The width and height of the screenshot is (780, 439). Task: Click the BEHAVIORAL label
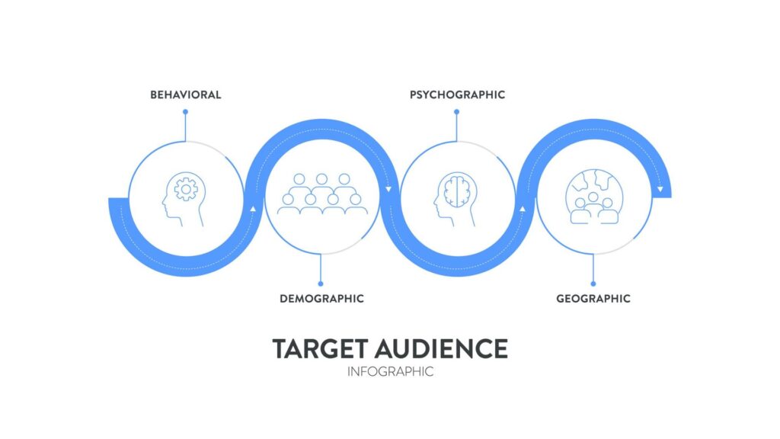pyautogui.click(x=186, y=95)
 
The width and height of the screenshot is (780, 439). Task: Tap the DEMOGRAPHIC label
pyautogui.click(x=321, y=298)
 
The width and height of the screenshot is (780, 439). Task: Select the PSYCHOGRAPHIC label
pyautogui.click(x=457, y=95)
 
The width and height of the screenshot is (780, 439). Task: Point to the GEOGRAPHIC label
pyautogui.click(x=593, y=298)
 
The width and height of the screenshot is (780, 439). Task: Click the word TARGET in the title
pyautogui.click(x=321, y=348)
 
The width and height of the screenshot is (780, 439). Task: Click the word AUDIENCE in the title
pyautogui.click(x=441, y=348)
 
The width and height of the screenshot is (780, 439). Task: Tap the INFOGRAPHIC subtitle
pyautogui.click(x=390, y=372)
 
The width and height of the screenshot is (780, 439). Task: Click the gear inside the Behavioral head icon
pyautogui.click(x=185, y=187)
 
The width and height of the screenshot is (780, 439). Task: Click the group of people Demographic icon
pyautogui.click(x=321, y=194)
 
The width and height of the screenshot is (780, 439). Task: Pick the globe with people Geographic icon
pyautogui.click(x=593, y=197)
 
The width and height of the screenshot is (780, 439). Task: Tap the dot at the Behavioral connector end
pyautogui.click(x=185, y=112)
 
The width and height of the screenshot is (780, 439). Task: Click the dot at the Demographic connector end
pyautogui.click(x=321, y=283)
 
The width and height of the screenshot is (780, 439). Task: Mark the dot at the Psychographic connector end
pyautogui.click(x=457, y=112)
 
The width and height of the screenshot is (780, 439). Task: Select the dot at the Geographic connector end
pyautogui.click(x=593, y=283)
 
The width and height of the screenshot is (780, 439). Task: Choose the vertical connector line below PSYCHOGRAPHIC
pyautogui.click(x=457, y=127)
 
